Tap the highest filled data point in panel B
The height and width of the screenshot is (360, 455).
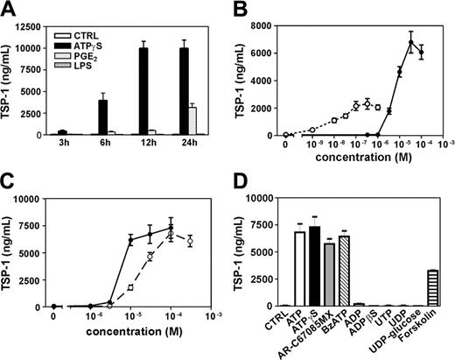[x=411, y=42]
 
